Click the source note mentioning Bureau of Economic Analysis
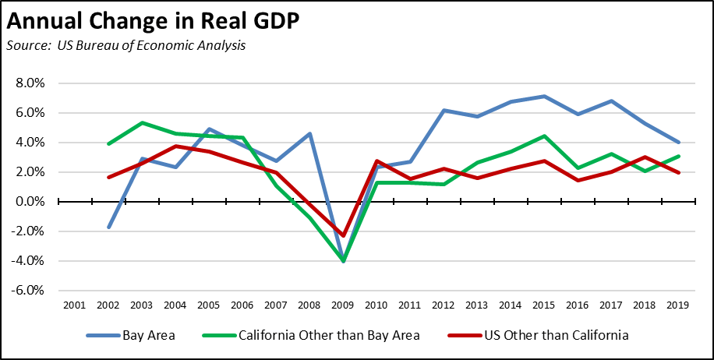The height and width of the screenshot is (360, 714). click(x=125, y=45)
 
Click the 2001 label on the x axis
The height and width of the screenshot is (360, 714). click(x=74, y=305)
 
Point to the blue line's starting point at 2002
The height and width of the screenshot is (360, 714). click(x=108, y=228)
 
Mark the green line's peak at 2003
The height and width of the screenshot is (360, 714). click(x=142, y=123)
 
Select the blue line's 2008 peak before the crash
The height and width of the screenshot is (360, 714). click(x=310, y=134)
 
